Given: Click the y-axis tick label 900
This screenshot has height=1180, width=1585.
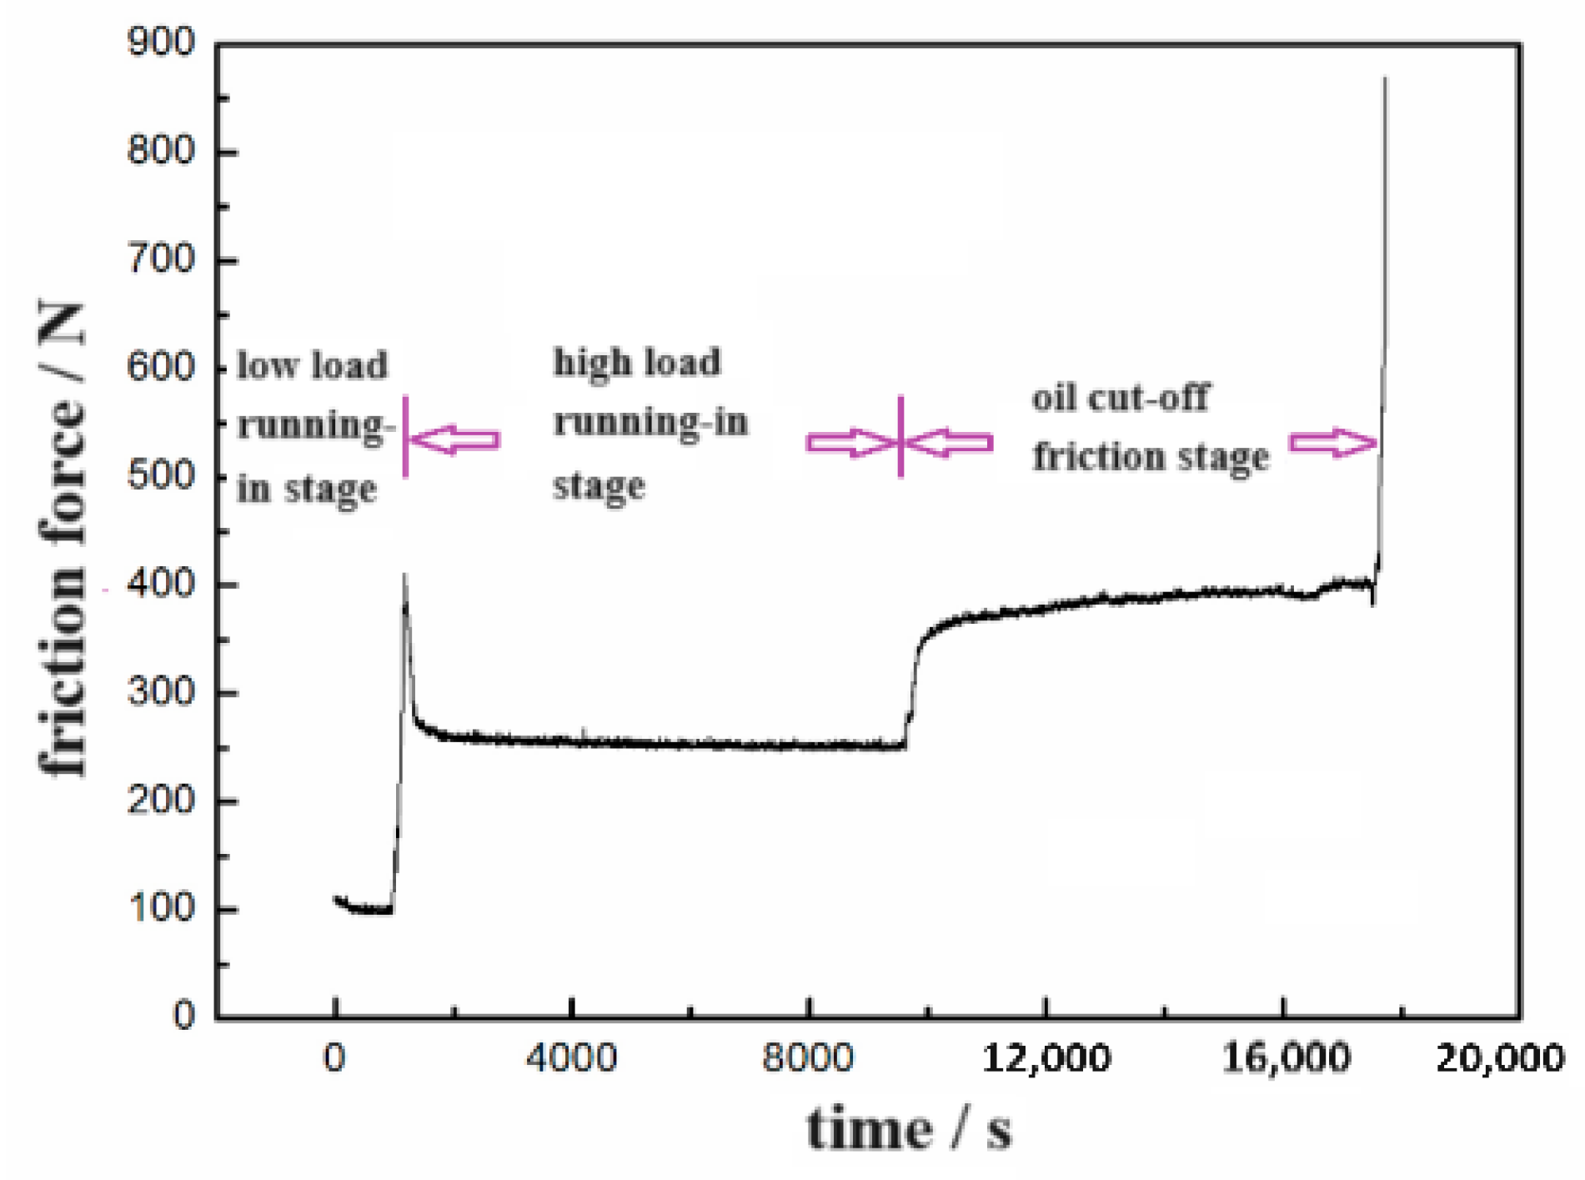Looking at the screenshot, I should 160,43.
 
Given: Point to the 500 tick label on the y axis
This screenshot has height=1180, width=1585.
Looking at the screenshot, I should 160,476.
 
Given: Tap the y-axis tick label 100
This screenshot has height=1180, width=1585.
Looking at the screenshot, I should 160,908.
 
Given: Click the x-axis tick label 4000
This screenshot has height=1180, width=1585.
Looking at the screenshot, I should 571,1058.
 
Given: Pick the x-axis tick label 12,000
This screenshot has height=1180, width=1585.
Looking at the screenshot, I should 1046,1058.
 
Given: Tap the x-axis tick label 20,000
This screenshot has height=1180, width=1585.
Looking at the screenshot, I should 1499,1058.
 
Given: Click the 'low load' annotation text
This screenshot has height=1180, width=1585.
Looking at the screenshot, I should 312,365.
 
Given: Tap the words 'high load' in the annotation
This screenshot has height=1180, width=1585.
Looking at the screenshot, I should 637,363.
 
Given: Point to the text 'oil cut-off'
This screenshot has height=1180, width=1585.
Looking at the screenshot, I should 1120,398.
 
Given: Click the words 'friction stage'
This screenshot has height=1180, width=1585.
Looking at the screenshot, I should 1151,457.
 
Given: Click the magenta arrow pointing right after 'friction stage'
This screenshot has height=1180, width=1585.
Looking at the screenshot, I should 1332,442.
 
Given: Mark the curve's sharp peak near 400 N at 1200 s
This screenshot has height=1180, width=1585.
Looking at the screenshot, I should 404,575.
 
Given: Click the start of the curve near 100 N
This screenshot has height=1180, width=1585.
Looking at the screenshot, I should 336,898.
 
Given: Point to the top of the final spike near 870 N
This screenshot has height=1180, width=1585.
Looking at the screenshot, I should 1385,79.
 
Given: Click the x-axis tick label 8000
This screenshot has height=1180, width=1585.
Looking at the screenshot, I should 808,1058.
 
